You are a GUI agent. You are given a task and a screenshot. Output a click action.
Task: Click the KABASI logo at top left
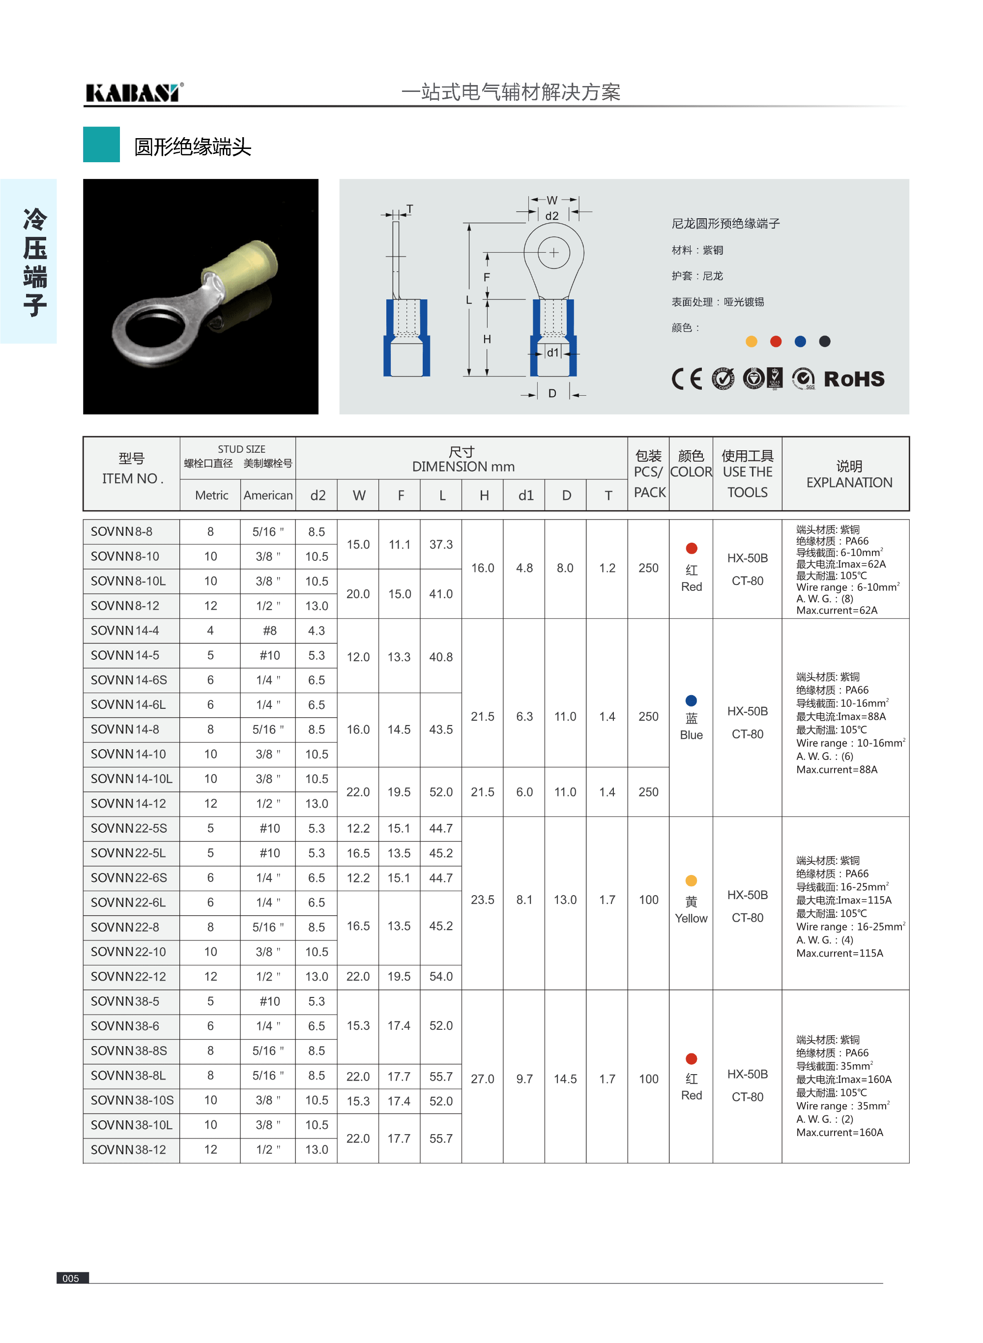(x=133, y=93)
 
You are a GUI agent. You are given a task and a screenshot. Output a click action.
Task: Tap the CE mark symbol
(x=687, y=379)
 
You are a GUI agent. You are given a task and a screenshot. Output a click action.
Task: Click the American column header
(x=268, y=495)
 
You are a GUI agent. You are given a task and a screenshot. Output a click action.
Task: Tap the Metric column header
(x=211, y=495)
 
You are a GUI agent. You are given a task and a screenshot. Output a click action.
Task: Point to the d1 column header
(x=525, y=495)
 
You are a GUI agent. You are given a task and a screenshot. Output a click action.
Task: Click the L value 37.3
(x=441, y=545)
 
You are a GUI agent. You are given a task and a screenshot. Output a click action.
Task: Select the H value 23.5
(x=483, y=900)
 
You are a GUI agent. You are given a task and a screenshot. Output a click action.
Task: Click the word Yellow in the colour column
(x=691, y=918)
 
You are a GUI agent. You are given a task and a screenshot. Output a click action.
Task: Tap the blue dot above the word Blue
(x=691, y=701)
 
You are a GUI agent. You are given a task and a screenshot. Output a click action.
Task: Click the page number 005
(x=71, y=1278)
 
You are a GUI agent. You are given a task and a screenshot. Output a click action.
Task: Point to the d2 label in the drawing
(x=552, y=216)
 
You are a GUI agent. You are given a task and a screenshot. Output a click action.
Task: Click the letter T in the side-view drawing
(x=409, y=209)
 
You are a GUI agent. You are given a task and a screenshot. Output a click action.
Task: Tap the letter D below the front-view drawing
(x=552, y=393)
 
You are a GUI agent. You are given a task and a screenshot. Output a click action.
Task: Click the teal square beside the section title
(x=101, y=145)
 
